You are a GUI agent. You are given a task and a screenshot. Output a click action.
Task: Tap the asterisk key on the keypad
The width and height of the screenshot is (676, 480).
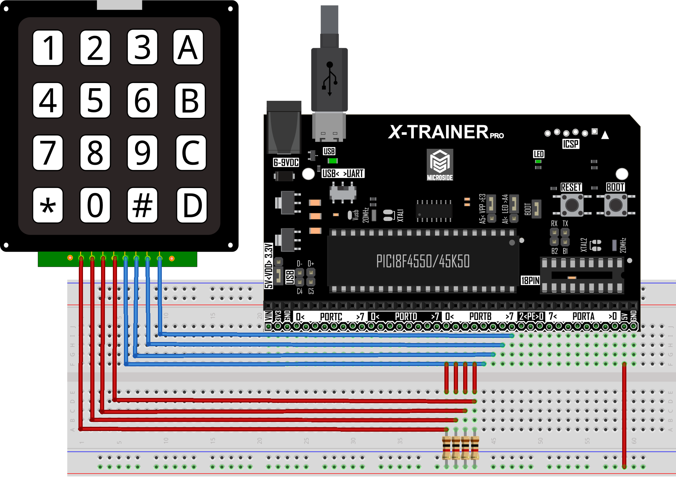48,205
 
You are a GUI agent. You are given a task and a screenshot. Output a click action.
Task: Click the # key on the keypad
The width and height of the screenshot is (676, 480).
142,205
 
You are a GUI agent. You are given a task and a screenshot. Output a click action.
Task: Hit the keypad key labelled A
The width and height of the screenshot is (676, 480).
188,47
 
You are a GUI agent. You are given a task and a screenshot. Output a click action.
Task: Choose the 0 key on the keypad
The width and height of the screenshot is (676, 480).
95,205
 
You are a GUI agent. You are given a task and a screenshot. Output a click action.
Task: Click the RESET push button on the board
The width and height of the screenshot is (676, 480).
571,205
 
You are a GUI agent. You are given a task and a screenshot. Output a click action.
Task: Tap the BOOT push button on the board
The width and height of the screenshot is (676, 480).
616,205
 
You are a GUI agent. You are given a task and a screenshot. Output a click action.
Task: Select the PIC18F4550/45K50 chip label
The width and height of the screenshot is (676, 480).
423,261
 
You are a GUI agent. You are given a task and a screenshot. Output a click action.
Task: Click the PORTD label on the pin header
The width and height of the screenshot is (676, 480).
406,317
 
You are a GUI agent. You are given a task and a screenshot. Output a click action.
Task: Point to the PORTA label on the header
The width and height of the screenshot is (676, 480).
583,317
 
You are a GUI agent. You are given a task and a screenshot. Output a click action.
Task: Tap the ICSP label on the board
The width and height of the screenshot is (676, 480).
570,144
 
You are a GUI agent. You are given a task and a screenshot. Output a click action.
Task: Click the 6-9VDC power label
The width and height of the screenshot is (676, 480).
286,163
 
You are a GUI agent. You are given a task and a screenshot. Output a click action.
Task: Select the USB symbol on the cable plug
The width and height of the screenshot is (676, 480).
329,79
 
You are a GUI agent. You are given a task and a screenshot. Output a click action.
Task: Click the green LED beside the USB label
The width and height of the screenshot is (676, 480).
333,161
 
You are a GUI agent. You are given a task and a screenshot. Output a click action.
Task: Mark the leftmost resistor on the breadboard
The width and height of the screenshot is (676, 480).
447,448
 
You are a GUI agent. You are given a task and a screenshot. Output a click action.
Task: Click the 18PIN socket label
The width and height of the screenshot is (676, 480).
530,280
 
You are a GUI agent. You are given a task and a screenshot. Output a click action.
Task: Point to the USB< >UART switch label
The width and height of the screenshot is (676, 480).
343,173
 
